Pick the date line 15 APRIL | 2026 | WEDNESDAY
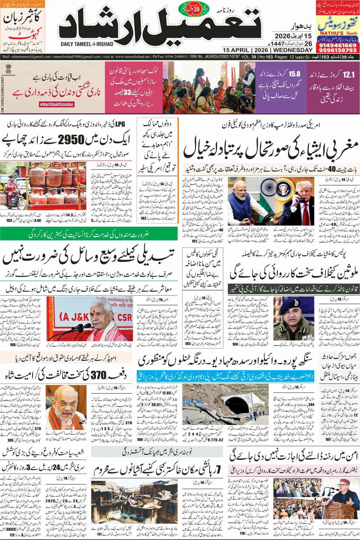point(267,50)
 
